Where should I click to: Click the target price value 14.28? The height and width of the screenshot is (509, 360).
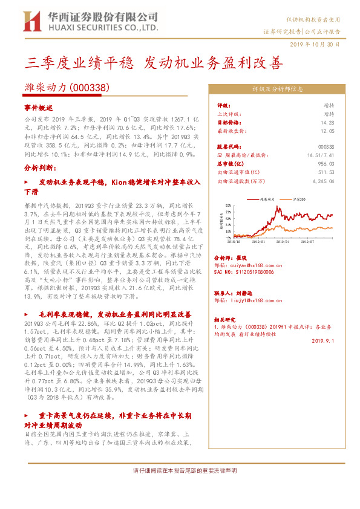(327, 123)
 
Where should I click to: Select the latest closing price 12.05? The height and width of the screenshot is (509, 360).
(327, 131)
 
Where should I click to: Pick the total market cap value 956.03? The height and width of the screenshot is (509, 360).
(326, 163)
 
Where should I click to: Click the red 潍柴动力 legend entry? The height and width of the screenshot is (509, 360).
(266, 198)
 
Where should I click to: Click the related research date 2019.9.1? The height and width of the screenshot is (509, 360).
(323, 340)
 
